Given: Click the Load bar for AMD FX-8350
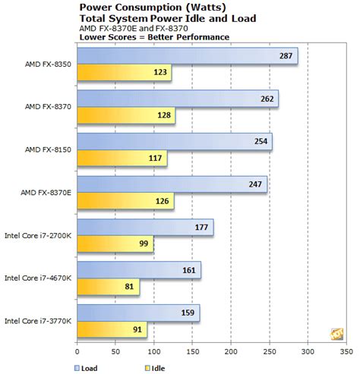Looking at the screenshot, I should click(x=186, y=56).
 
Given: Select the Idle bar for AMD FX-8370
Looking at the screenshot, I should click(x=125, y=115).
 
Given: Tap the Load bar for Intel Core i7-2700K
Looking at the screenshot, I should click(x=144, y=228).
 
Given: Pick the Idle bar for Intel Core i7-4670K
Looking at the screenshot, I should click(x=108, y=287).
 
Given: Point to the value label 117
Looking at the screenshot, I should click(x=155, y=159).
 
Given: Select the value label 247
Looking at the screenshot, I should click(x=255, y=184).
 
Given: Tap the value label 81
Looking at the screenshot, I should click(x=129, y=287).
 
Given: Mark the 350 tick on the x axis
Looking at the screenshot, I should click(x=346, y=351).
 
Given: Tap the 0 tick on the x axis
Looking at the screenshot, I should click(x=77, y=351).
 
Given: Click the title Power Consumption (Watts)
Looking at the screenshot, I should click(x=138, y=8).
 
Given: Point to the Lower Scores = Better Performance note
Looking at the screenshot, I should click(x=137, y=36).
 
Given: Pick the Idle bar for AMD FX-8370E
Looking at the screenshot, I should click(x=125, y=201).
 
